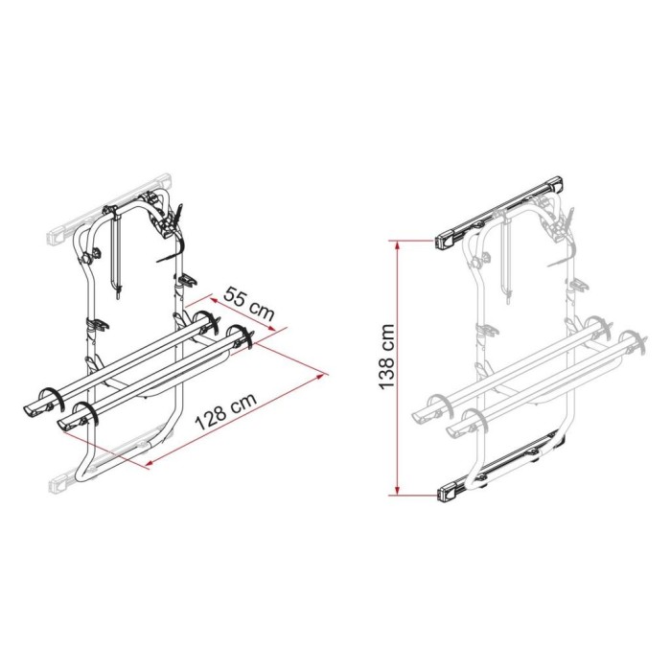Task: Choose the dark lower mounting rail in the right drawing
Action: (498, 474)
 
